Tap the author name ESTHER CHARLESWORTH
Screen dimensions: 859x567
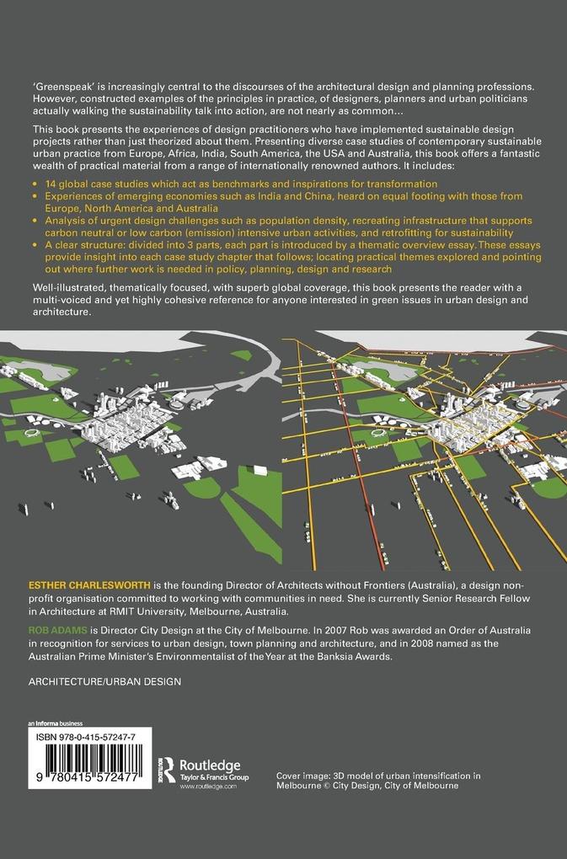[86, 581]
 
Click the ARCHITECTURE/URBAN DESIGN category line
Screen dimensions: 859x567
[105, 681]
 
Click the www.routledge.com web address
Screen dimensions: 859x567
[207, 786]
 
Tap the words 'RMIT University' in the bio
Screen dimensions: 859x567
[207, 611]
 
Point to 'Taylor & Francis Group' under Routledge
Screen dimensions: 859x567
[214, 776]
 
